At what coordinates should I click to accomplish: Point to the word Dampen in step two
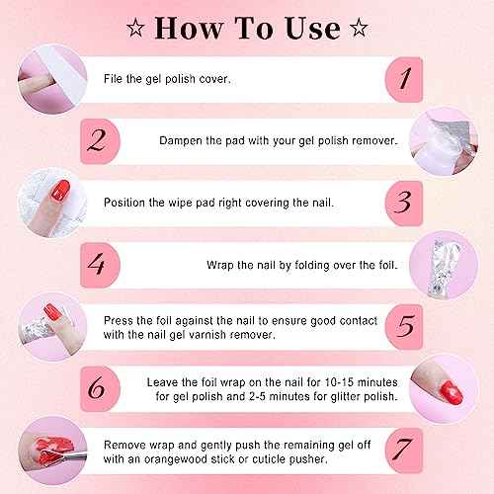(182, 140)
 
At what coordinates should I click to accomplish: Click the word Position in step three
(125, 204)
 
